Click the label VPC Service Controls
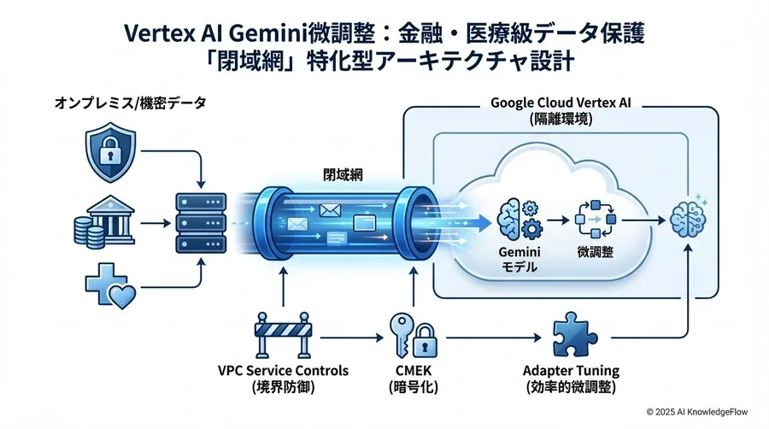[x=283, y=371]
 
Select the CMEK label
[x=414, y=371]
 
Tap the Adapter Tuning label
[x=571, y=371]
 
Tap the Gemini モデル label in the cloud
[x=516, y=260]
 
